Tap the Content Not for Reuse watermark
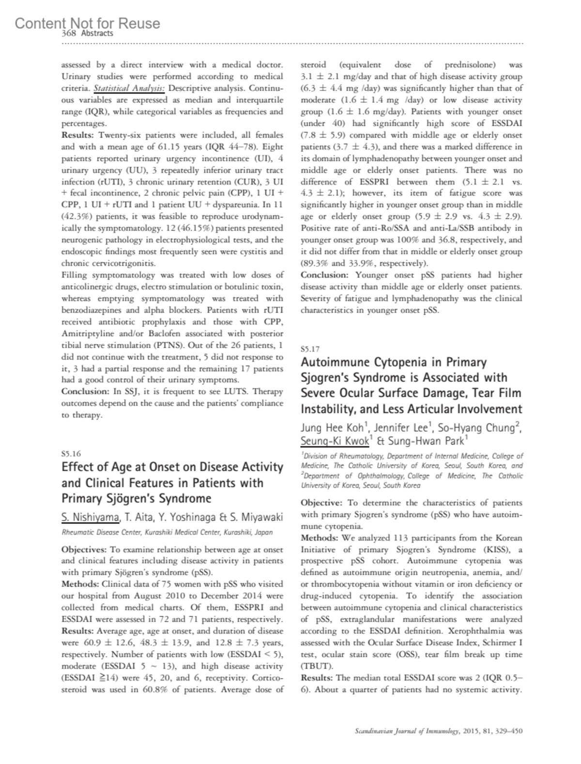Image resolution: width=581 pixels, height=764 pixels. pyautogui.click(x=87, y=23)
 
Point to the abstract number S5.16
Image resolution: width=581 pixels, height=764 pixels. pyautogui.click(x=71, y=454)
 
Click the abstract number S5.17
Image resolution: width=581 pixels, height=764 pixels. pyautogui.click(x=310, y=349)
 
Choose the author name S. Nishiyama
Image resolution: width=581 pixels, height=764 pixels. pyautogui.click(x=90, y=518)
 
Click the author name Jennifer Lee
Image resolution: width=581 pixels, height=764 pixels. pyautogui.click(x=401, y=428)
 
